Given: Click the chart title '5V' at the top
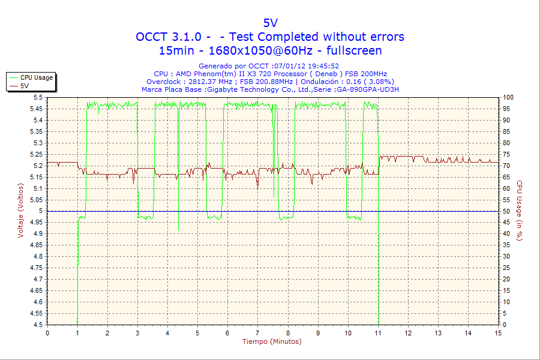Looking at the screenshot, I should (270, 23).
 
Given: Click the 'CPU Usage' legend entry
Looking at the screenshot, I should (36, 77).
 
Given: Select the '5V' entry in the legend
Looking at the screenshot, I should (25, 86).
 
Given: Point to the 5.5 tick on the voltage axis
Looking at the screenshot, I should (38, 97).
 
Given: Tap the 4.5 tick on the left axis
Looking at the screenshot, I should (38, 325).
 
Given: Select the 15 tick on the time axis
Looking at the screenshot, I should (498, 333).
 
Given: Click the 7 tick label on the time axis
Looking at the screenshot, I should (257, 333).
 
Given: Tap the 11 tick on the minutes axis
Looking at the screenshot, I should (378, 333).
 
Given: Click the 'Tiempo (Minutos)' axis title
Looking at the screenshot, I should (272, 341).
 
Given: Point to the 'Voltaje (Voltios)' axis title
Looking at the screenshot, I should (22, 211).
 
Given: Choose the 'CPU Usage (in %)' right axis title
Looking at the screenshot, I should (520, 211).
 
